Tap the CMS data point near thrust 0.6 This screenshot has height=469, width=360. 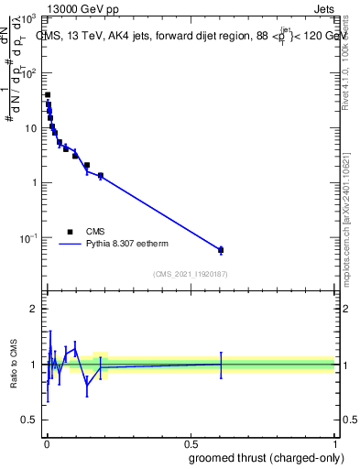(221, 250)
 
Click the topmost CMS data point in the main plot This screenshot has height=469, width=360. (48, 94)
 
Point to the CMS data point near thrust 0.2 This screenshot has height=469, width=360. (101, 175)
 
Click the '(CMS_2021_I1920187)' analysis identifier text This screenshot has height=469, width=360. (189, 274)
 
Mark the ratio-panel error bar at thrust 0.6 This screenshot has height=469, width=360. (221, 364)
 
